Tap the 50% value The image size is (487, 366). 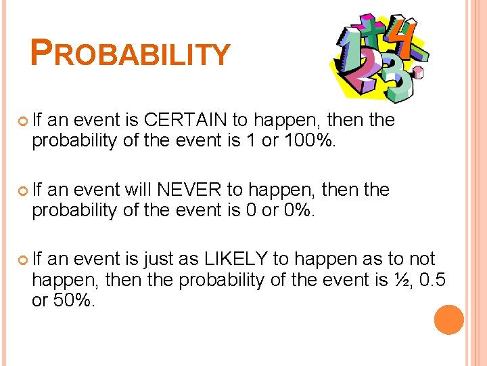click(72, 300)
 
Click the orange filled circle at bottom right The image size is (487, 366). click(449, 320)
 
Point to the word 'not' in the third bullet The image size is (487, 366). click(420, 260)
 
